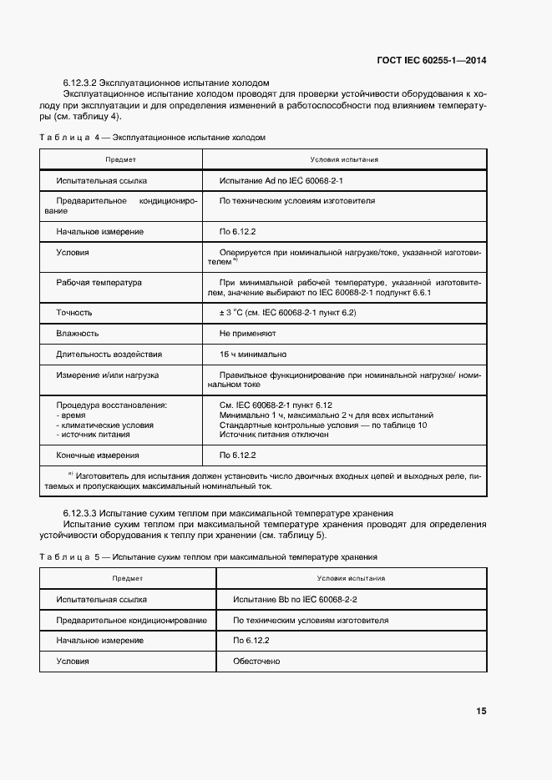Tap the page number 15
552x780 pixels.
(481, 712)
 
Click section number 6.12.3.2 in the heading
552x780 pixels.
(81, 83)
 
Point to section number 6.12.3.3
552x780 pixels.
(81, 513)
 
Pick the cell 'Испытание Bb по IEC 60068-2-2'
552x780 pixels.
(296, 600)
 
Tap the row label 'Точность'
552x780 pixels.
(74, 313)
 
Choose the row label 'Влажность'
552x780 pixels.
(78, 333)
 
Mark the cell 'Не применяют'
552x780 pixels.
(247, 333)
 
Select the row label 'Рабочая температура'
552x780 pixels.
(99, 283)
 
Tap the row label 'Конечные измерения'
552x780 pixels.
(97, 455)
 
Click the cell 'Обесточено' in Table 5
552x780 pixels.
(256, 662)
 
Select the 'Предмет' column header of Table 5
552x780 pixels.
(128, 578)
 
